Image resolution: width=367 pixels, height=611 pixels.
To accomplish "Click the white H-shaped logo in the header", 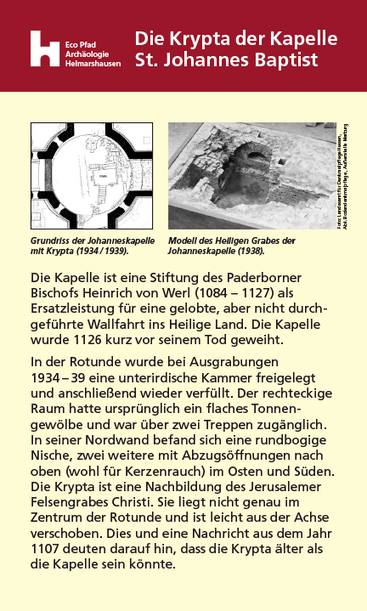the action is [x=44, y=48].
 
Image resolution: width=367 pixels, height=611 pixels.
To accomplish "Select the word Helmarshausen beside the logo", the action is [x=93, y=63].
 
